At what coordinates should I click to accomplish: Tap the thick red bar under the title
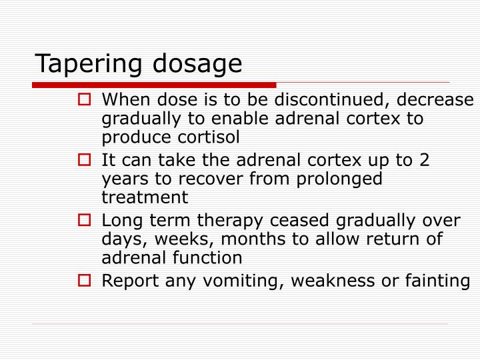[x=153, y=85]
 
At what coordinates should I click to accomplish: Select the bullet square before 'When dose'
[x=84, y=101]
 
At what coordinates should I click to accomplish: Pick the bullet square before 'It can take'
[x=84, y=161]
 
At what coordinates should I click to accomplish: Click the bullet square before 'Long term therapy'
[x=84, y=221]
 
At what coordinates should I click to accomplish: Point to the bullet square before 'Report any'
[x=84, y=281]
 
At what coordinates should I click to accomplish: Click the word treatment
[x=145, y=197]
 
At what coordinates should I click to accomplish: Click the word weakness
[x=337, y=281]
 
